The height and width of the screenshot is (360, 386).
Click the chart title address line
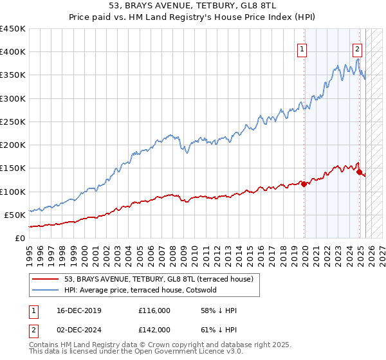point(193,7)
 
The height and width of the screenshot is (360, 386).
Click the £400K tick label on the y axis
point(13,52)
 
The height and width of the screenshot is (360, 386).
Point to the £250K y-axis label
point(13,122)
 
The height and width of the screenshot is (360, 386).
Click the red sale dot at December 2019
point(304,184)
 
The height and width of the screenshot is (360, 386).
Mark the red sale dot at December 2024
point(359,172)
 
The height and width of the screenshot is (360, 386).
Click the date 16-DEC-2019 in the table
point(77,310)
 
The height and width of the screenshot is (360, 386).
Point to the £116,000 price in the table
point(154,310)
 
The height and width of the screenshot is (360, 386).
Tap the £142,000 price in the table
point(154,329)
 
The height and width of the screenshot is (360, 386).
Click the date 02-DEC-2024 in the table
point(77,329)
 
